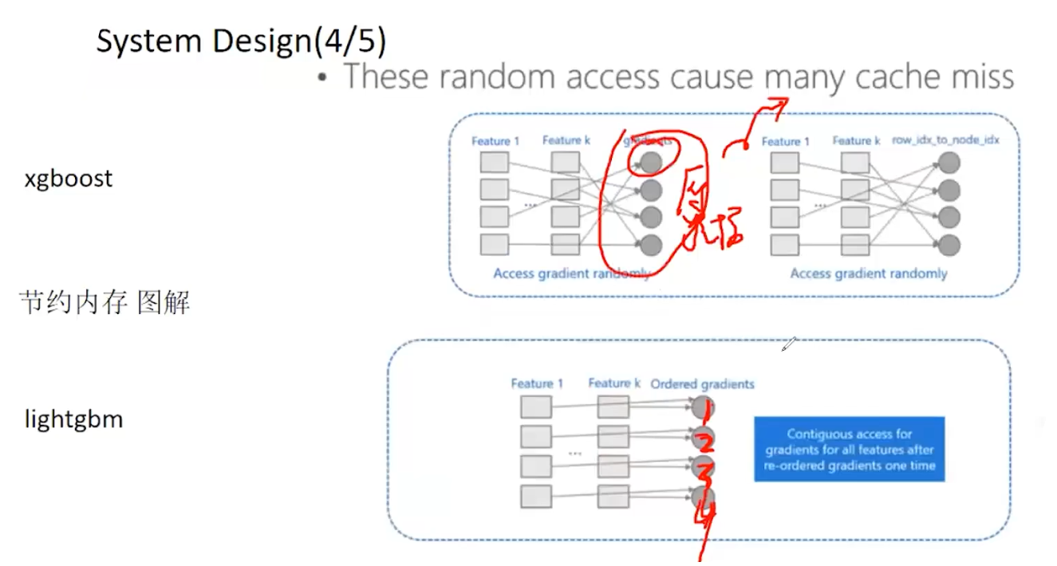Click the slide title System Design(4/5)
pos(241,41)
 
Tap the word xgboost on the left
pos(68,179)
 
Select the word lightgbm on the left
pos(73,419)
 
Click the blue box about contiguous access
pos(849,450)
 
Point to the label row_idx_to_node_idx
pos(945,140)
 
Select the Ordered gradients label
pos(702,383)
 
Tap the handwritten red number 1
pos(699,408)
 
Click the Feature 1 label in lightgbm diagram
pos(537,383)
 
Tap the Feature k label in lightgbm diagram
pos(614,383)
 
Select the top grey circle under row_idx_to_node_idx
pos(949,163)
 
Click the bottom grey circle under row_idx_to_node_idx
pos(949,245)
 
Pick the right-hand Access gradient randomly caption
pos(868,273)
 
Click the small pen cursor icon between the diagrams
pos(788,344)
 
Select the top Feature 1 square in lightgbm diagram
pos(535,407)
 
